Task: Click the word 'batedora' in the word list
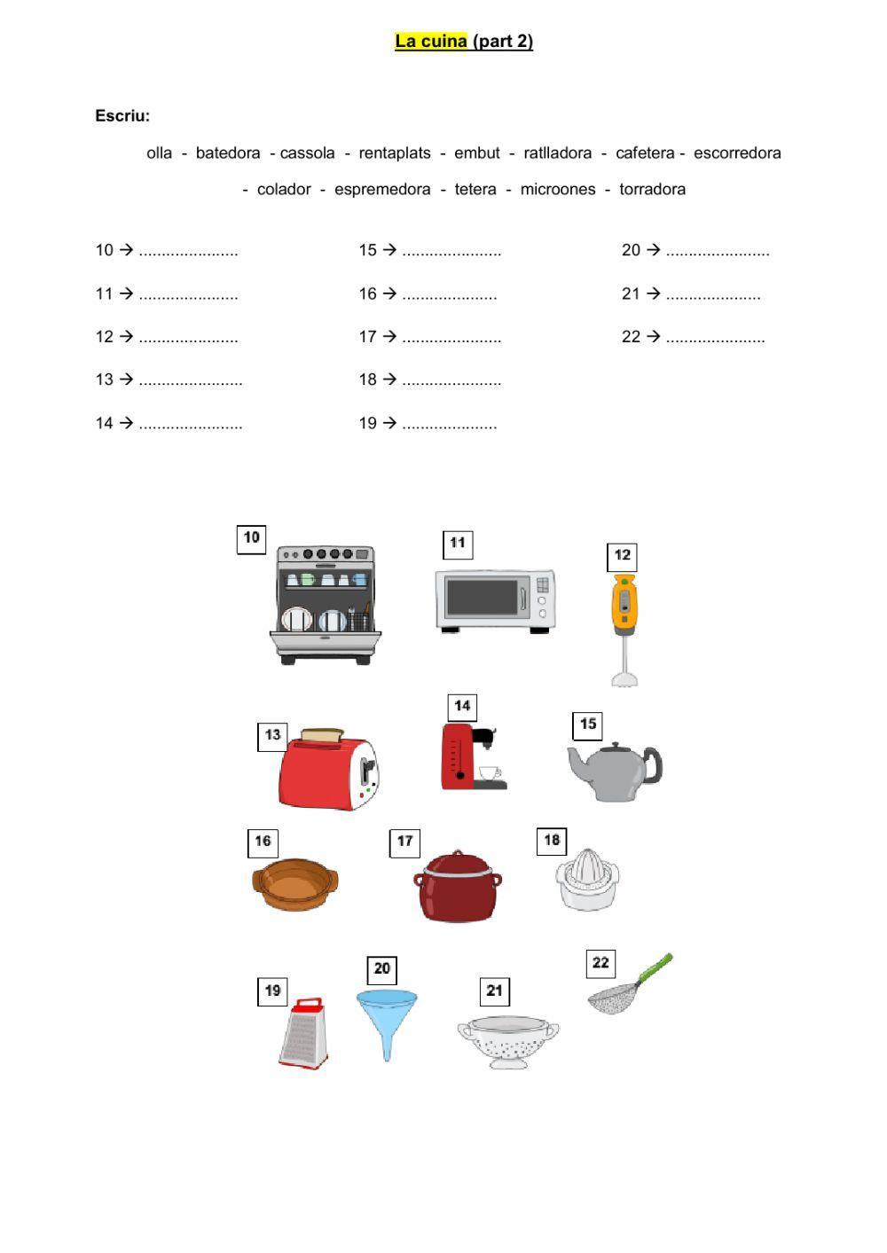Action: [x=228, y=153]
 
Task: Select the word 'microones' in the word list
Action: [x=558, y=189]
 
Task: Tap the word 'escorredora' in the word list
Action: [x=737, y=153]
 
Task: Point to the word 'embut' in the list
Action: [x=477, y=153]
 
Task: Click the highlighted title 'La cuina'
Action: [x=431, y=42]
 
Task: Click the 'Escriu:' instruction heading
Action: [x=122, y=115]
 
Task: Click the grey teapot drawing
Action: [x=615, y=771]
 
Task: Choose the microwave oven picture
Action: [x=495, y=600]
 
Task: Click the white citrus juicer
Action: [x=588, y=879]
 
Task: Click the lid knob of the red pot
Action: [x=459, y=853]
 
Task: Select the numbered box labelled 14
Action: [x=462, y=707]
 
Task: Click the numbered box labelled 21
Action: [x=495, y=991]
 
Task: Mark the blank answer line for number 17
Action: [x=451, y=338]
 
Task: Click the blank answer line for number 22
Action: [x=715, y=338]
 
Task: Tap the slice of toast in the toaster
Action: [x=321, y=735]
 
